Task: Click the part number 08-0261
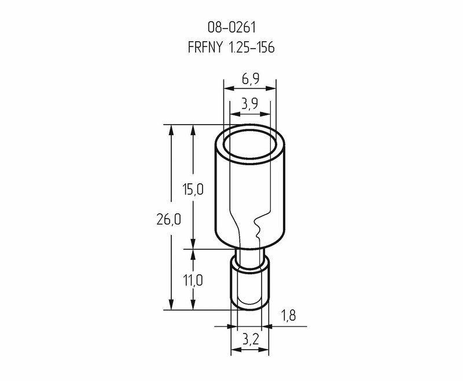click(231, 27)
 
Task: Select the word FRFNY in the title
click(205, 48)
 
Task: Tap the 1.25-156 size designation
click(252, 48)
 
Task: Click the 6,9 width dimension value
click(251, 79)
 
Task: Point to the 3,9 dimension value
click(250, 104)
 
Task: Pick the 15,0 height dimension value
click(193, 189)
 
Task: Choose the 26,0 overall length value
click(168, 220)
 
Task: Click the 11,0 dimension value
click(193, 280)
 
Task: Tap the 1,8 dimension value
click(288, 315)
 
